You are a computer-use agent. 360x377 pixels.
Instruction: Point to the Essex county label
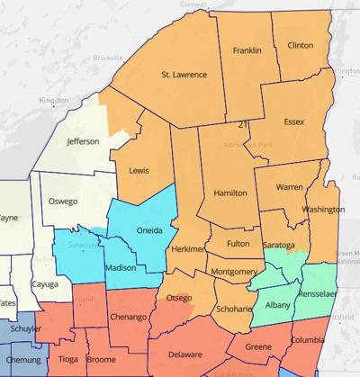(x=293, y=121)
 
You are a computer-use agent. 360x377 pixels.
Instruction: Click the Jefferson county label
(x=82, y=141)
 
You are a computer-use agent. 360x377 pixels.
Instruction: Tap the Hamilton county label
(x=230, y=193)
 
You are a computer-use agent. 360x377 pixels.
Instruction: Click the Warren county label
(x=289, y=187)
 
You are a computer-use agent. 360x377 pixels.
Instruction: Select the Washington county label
(x=323, y=210)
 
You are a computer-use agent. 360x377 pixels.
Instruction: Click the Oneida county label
(x=148, y=230)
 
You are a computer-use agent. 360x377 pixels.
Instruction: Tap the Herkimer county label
(x=189, y=248)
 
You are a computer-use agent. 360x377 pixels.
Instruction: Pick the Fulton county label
(x=238, y=243)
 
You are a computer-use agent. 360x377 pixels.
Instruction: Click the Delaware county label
(x=185, y=354)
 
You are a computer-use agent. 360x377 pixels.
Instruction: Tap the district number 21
(x=243, y=124)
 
